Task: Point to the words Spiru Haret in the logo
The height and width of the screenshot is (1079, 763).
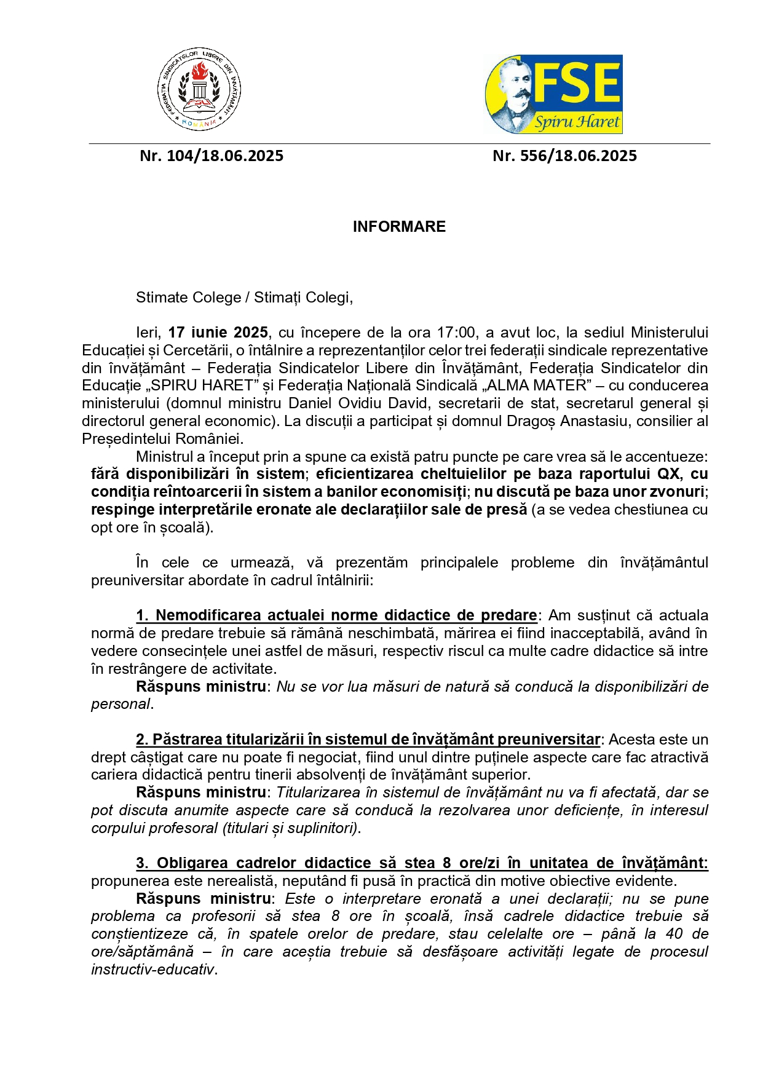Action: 577,121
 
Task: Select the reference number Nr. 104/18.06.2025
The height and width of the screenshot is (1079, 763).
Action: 212,156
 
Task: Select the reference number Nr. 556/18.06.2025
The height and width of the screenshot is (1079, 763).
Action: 564,156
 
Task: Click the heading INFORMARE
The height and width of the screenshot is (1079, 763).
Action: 399,227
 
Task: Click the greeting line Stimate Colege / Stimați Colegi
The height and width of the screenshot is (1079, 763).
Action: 244,298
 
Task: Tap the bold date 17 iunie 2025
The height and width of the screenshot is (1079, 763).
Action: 218,333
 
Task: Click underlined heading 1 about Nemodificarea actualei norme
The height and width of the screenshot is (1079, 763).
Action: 336,615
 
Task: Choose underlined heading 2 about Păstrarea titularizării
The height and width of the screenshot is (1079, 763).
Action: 368,740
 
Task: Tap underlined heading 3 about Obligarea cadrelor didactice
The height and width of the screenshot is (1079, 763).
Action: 421,863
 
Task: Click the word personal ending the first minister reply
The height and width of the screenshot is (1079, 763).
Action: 121,704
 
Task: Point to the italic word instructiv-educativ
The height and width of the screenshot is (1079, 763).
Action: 152,970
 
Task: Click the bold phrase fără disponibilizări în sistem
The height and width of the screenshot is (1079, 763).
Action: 197,474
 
